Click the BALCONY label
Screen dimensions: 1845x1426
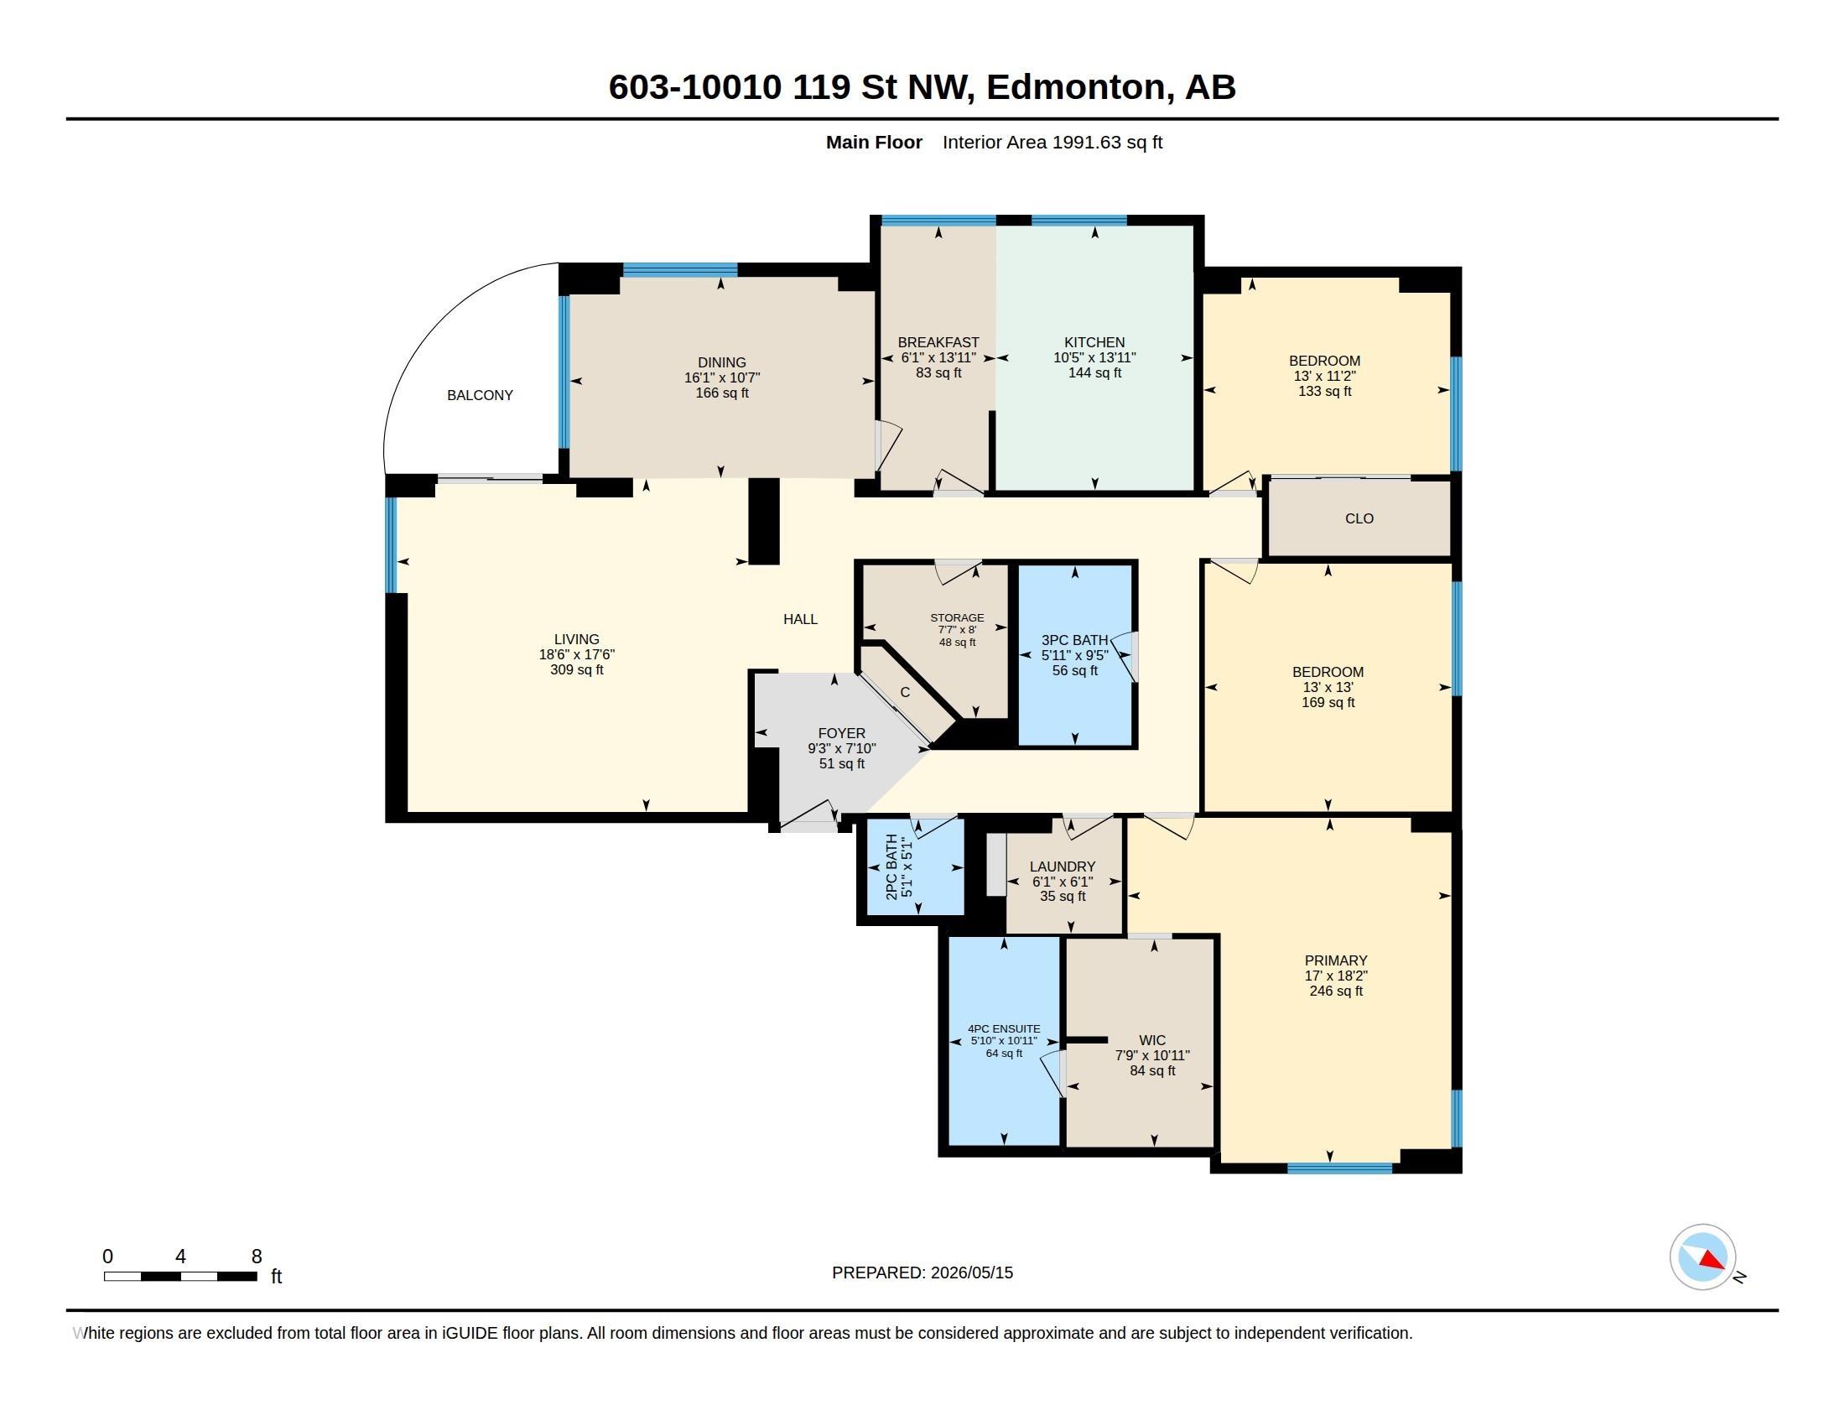tap(480, 395)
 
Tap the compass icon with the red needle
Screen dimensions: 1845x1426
tap(1702, 1257)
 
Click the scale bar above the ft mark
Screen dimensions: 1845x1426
tap(181, 1277)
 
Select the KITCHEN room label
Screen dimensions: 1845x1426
tap(1094, 342)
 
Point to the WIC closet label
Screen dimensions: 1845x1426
tap(1152, 1041)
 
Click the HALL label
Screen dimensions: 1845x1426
tap(800, 619)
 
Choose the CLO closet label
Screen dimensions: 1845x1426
tap(1359, 518)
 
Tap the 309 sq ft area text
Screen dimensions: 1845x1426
tap(577, 670)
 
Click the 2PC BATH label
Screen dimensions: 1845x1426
tap(891, 867)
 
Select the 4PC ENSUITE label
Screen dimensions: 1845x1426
tap(1004, 1029)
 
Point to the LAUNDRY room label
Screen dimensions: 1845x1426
tap(1063, 867)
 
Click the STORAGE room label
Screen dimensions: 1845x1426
tap(957, 617)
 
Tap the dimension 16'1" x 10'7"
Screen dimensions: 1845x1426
tap(722, 377)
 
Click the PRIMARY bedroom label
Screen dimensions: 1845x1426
tap(1336, 960)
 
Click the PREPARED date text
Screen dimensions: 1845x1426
tap(922, 1272)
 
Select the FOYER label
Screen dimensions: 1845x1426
tap(841, 733)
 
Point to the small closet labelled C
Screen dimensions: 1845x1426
tap(905, 693)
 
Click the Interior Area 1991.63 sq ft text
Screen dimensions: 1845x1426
tap(1052, 143)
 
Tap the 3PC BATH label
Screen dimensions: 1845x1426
tap(1074, 640)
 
